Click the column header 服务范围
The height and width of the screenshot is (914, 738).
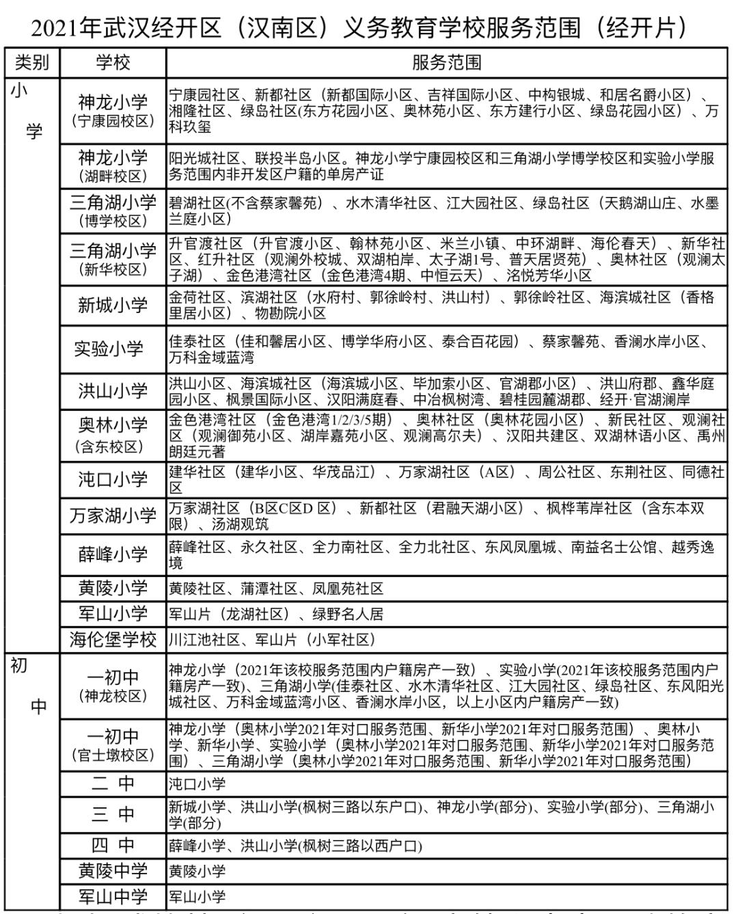[x=446, y=63]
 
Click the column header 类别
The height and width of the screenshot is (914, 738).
[x=32, y=63]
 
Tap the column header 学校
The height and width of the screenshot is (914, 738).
[x=113, y=63]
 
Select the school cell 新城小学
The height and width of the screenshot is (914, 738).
[x=113, y=305]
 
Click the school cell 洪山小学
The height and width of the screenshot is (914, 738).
[x=113, y=391]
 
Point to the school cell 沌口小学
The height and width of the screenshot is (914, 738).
[x=113, y=479]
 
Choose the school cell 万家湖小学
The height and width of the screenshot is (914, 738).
[x=113, y=515]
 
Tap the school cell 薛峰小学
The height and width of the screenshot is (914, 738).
[x=113, y=554]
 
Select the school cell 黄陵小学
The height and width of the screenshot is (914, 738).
[x=113, y=588]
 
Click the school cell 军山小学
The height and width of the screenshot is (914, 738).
[x=113, y=613]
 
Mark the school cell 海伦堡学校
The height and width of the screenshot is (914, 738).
[x=113, y=639]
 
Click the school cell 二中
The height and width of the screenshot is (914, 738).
[x=113, y=783]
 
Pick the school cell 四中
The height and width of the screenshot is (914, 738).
[x=113, y=845]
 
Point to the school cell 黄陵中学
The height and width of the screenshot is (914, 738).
[x=113, y=871]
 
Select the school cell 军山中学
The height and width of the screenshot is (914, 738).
[x=113, y=896]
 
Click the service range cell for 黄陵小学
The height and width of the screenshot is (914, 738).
[x=276, y=589]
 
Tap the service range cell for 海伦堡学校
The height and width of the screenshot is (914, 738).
[x=273, y=640]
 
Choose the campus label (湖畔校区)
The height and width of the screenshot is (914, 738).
[x=113, y=176]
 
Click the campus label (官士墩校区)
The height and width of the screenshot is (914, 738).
[x=113, y=755]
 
